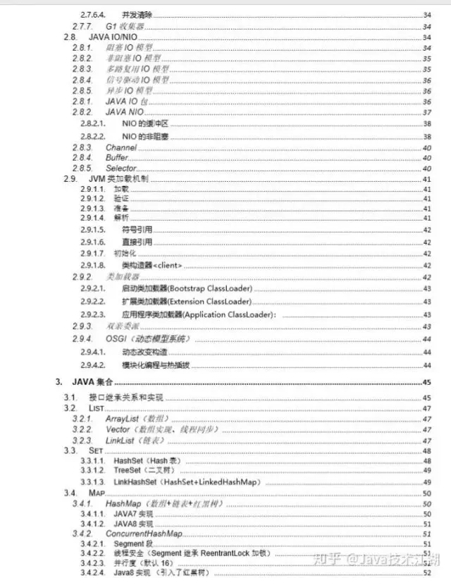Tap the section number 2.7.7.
coord(82,26)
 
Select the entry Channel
coord(121,147)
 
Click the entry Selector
coord(121,168)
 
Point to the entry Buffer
coord(117,158)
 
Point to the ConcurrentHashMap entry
coord(144,534)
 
